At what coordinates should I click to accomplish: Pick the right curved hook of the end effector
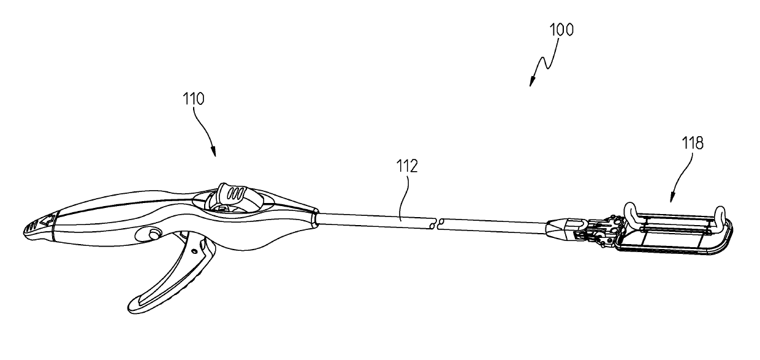723,215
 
